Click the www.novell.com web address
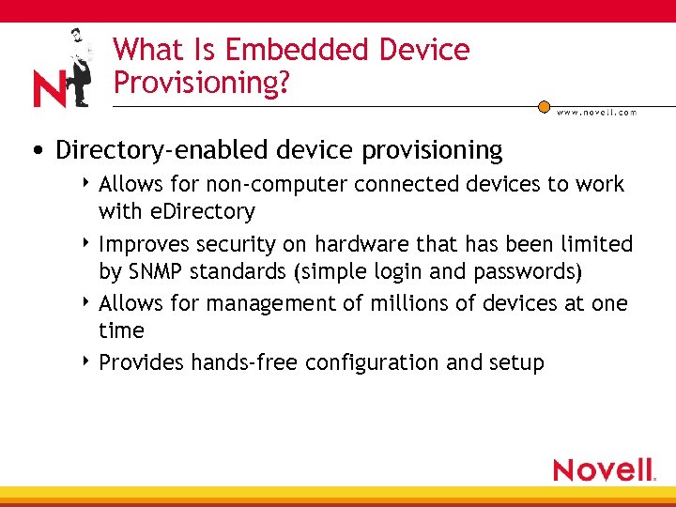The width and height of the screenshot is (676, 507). (596, 112)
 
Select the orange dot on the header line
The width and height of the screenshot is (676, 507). (544, 107)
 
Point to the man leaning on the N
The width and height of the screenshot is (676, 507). (79, 66)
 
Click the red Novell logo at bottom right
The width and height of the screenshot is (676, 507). (604, 469)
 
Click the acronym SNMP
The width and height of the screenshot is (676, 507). (153, 272)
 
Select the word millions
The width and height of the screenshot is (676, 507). (387, 303)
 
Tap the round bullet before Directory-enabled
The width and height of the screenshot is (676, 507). (35, 151)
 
